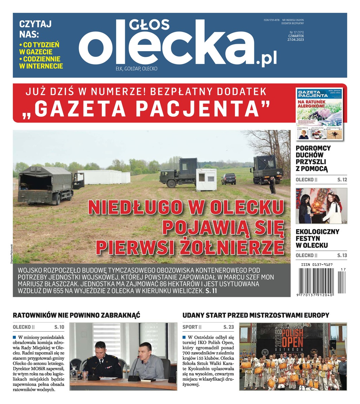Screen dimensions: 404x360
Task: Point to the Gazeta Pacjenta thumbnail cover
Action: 319,113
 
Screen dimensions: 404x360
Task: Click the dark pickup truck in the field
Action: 228,179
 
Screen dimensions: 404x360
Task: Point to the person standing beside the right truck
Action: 272,185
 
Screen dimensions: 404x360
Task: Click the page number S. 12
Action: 342,180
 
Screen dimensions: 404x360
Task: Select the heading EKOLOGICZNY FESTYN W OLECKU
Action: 317,238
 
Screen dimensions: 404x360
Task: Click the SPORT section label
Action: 190,327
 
